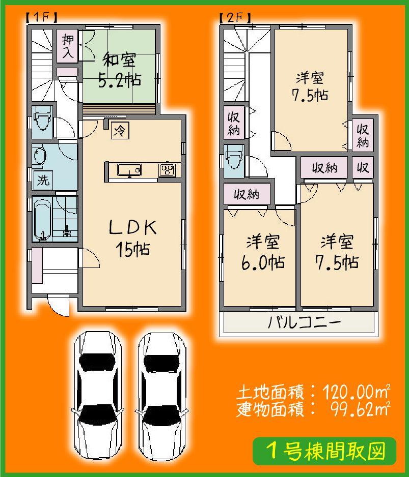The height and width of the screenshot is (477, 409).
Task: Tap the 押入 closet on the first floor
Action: [x=67, y=45]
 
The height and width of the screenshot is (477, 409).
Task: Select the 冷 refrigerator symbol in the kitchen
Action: [x=119, y=130]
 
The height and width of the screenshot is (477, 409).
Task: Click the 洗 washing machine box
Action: [x=43, y=178]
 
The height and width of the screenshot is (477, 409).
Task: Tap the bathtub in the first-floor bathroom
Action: [x=42, y=219]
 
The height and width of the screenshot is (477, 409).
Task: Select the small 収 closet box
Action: [x=362, y=167]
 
